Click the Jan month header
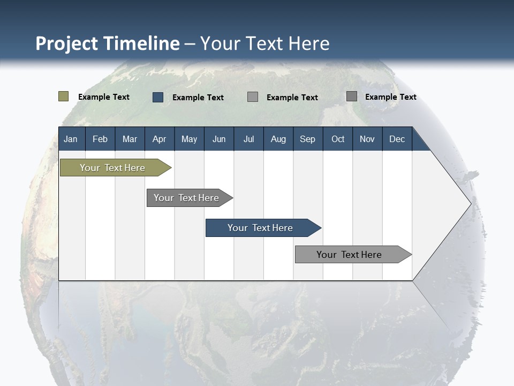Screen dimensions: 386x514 coord(71,139)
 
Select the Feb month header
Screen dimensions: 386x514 coord(100,139)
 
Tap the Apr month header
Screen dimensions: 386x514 coord(159,139)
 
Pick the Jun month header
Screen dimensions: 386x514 coord(219,139)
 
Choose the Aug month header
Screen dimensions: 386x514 coord(278,139)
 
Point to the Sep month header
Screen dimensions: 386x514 coord(307,139)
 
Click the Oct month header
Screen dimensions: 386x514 coord(338,139)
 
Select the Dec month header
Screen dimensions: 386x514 coord(397,139)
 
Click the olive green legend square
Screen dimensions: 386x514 coord(63,96)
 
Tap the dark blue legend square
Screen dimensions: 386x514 coord(158,97)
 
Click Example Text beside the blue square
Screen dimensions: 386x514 coord(198,98)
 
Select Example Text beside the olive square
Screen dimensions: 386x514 coord(103,97)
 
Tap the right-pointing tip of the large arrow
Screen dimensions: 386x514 coord(469,204)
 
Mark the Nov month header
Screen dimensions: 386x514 coord(367,139)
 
